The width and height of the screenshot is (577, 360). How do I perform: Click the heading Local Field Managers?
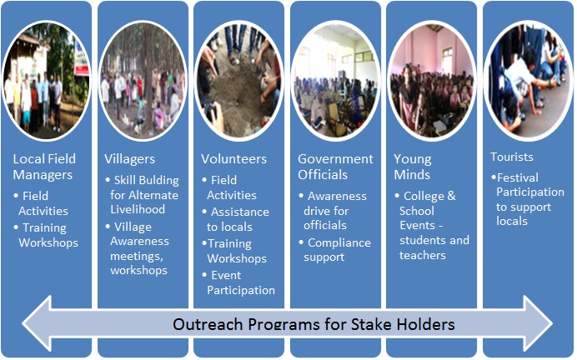pos(44,167)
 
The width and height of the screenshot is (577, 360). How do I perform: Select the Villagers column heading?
pos(129,158)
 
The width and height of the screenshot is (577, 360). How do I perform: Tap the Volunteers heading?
pos(233,158)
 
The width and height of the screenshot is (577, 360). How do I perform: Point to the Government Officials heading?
pos(335,167)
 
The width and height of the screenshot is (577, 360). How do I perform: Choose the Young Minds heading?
pos(413,167)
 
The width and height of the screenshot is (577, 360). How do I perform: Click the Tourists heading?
pos(512,157)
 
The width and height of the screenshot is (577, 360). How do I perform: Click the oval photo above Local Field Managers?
pos(46,79)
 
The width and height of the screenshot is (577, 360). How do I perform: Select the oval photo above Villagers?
pos(143,79)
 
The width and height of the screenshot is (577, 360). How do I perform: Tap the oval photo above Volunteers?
pos(239,79)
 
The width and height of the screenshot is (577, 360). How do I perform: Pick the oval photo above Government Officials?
pos(336,79)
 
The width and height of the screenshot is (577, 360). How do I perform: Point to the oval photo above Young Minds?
pos(433,79)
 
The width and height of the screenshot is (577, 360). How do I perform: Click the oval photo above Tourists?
pos(529,79)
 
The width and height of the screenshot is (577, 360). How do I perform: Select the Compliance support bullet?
pos(339,250)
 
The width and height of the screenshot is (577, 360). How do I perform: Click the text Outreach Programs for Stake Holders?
pos(314,323)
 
